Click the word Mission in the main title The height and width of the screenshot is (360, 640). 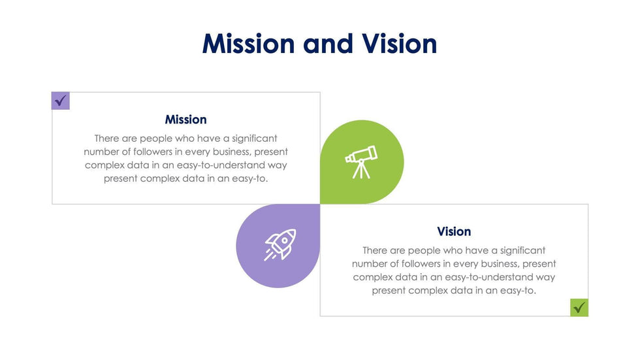248,43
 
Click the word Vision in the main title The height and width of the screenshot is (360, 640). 399,43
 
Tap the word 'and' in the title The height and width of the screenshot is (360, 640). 328,43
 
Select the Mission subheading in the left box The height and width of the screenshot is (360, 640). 185,120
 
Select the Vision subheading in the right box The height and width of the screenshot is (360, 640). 454,231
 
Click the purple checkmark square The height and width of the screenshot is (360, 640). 60,101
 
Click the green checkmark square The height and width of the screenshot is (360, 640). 579,307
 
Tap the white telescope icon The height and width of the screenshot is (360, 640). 361,162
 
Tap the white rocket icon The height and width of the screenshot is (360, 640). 280,244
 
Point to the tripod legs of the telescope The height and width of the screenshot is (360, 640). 361,171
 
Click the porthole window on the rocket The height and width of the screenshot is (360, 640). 285,240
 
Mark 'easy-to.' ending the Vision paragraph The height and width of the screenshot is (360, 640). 518,291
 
